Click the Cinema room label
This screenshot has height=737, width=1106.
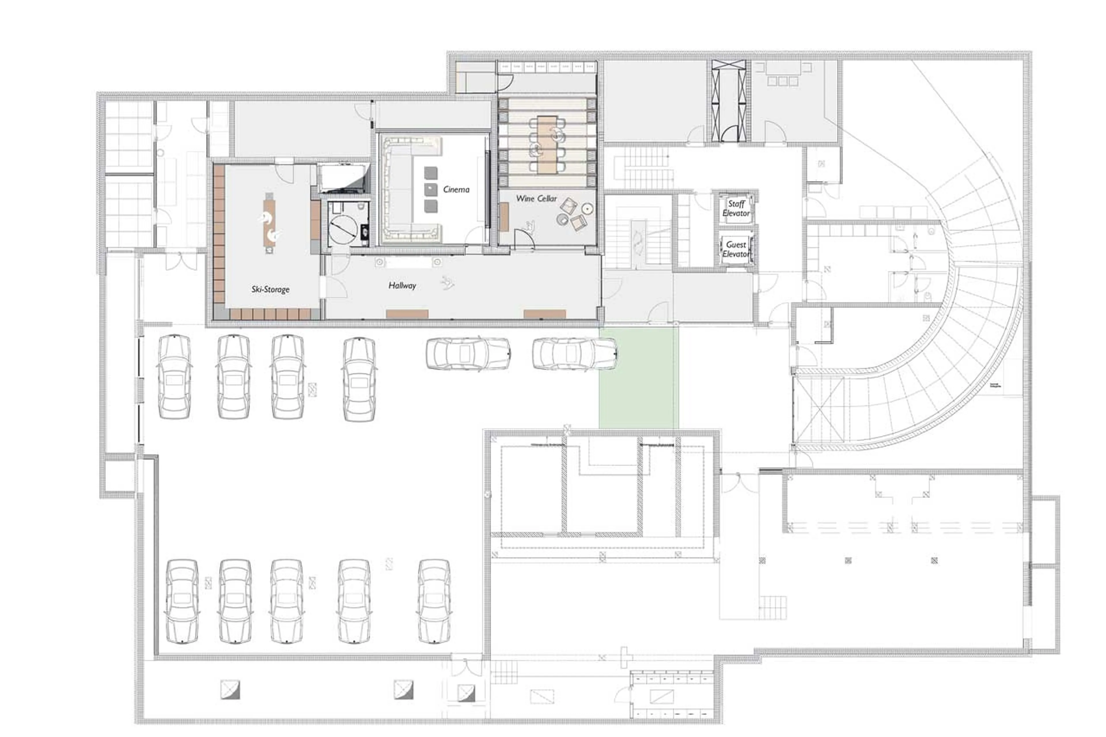[x=455, y=190]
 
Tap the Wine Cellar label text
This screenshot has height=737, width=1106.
[x=536, y=198]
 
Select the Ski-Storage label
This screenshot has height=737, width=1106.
[x=270, y=289]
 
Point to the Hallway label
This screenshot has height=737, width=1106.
[x=402, y=285]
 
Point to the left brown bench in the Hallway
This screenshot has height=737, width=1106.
[x=407, y=314]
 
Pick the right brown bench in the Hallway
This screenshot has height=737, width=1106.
[x=544, y=314]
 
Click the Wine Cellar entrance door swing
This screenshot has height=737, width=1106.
[x=524, y=240]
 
